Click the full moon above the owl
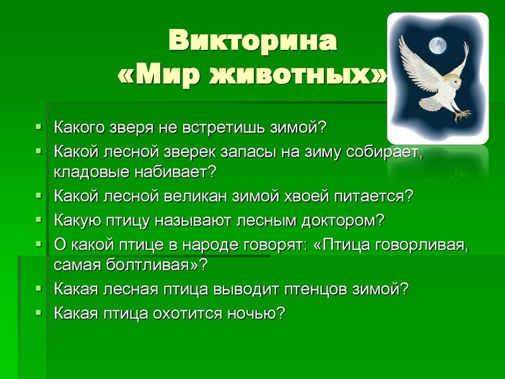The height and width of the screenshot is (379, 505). (436, 45)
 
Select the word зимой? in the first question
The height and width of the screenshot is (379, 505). (300, 128)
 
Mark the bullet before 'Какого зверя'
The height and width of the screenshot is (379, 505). (40, 126)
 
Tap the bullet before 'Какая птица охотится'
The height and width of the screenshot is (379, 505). (40, 312)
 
